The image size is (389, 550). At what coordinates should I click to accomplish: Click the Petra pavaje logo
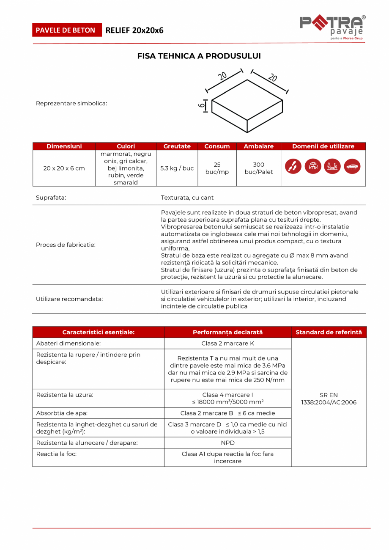332,27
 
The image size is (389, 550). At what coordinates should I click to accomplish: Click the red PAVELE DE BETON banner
67,30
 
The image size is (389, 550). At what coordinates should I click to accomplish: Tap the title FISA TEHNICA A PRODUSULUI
199,56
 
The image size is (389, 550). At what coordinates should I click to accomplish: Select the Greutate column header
177,146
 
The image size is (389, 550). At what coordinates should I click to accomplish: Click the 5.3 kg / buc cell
177,168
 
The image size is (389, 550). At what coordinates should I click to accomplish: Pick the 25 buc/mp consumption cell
217,168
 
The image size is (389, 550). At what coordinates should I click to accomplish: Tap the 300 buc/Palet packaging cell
259,168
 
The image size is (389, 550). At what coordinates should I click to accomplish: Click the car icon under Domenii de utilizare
352,166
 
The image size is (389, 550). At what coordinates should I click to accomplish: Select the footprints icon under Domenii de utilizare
293,166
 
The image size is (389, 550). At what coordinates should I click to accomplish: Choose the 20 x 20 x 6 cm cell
64,168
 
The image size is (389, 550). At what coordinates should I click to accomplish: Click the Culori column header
126,146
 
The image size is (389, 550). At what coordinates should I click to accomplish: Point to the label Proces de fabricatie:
66,245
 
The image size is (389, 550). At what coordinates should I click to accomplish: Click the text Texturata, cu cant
187,198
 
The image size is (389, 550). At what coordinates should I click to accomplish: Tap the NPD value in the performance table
227,443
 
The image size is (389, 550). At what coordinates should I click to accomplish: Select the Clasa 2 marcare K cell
227,344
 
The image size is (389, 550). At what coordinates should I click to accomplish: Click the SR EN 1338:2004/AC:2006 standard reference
329,399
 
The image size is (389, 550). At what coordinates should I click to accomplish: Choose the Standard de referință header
329,333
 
